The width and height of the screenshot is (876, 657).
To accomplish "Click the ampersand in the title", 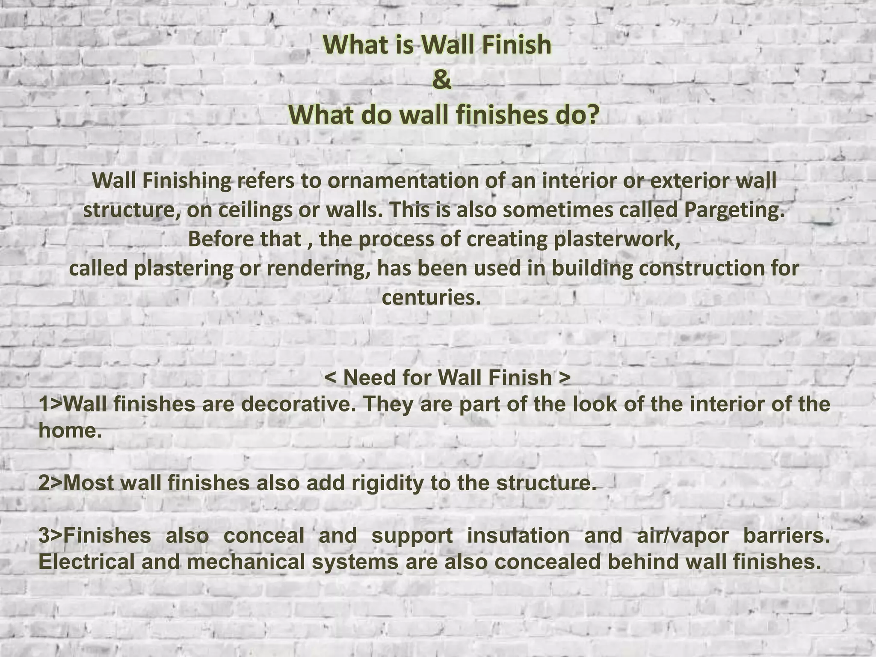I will click(441, 80).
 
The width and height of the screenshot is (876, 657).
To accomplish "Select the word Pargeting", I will click(734, 210).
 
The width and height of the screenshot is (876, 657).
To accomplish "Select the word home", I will click(70, 430).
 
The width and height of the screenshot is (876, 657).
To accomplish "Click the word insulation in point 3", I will click(518, 536).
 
